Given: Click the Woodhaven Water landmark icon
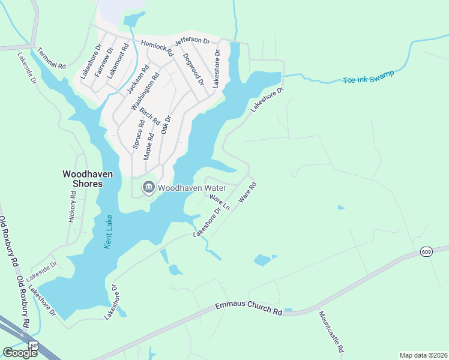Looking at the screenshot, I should click(148, 188).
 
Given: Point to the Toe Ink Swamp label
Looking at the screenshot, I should click(369, 77).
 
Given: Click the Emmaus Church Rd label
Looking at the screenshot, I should click(249, 309).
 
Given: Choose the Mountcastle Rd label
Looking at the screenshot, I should click(331, 331).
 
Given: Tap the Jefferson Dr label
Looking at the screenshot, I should click(192, 41).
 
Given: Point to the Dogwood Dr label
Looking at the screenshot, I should click(193, 68).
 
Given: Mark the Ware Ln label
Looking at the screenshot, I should click(220, 201).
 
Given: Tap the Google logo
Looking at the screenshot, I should click(20, 352).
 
